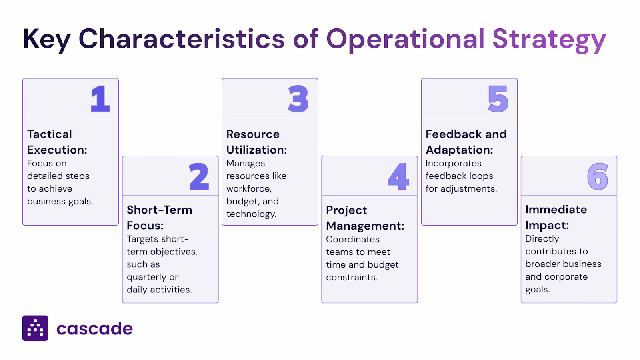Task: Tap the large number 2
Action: point(199,176)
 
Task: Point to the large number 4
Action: point(398,176)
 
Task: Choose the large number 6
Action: point(598,176)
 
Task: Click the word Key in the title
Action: point(46,40)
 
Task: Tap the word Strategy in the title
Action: point(549,40)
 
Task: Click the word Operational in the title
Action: point(406,40)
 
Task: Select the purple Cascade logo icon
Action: point(35,328)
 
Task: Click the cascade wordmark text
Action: point(94,329)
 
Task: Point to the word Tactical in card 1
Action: point(50,134)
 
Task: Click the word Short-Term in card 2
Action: point(159,210)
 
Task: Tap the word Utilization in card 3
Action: point(256,150)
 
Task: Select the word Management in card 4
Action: point(364,226)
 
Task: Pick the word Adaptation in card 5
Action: point(459,150)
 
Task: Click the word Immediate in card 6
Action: point(556,210)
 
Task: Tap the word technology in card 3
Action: point(251,214)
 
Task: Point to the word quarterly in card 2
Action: point(146,277)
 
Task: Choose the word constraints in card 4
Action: point(351,277)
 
